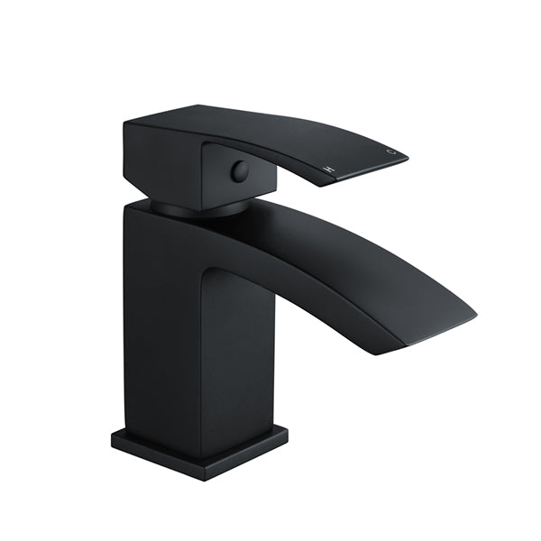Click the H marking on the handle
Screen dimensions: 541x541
click(x=330, y=169)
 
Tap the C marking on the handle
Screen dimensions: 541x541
click(x=390, y=152)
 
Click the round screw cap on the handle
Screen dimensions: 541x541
click(x=239, y=171)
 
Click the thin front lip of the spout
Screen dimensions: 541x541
click(x=437, y=336)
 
